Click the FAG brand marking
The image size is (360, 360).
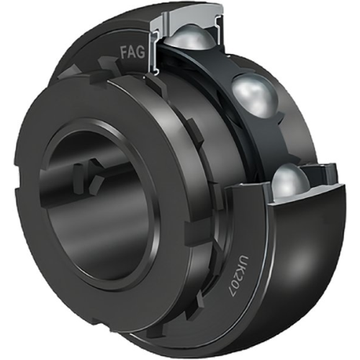pos(132,53)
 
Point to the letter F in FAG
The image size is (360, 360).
pos(123,53)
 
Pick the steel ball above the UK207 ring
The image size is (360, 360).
pos(290,181)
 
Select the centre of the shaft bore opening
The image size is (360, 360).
pos(96,174)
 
